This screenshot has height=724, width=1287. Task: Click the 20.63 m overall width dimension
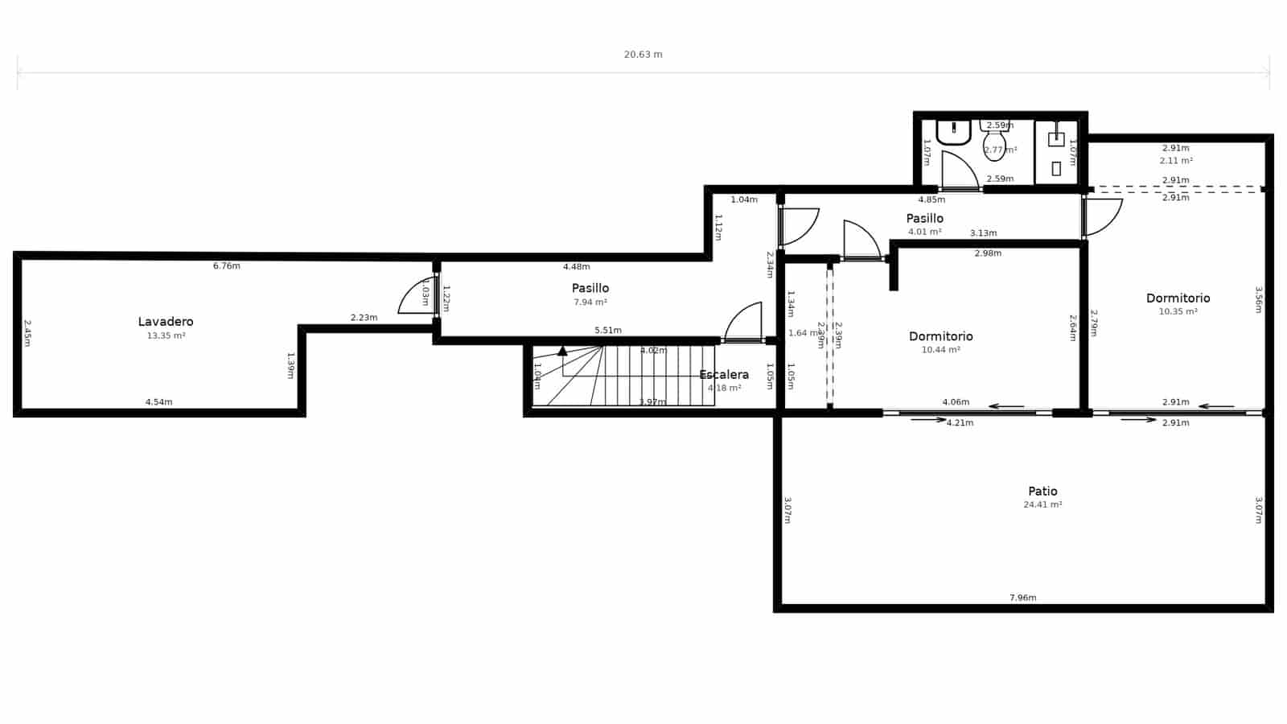(x=643, y=55)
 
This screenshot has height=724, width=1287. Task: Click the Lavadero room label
(x=166, y=322)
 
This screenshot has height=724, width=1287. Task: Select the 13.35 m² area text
(x=166, y=335)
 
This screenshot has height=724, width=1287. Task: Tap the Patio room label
(x=1042, y=491)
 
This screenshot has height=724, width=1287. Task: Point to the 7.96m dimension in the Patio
(x=1022, y=598)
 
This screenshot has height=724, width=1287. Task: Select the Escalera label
(x=724, y=374)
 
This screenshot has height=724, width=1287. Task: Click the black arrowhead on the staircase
(x=562, y=351)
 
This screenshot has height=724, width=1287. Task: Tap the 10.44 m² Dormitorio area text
(x=940, y=350)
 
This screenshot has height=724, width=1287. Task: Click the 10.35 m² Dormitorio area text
(x=1178, y=311)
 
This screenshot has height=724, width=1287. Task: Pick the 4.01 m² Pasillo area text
(x=924, y=232)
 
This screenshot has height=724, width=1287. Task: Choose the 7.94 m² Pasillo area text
(x=590, y=302)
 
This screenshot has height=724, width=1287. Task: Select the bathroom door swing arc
(x=959, y=169)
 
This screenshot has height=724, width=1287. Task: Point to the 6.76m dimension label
(x=226, y=265)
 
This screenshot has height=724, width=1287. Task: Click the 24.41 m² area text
(x=1042, y=504)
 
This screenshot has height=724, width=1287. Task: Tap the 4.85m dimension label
(x=931, y=200)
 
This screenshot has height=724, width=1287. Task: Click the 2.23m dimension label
(x=364, y=318)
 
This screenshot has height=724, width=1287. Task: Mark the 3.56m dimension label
(x=1259, y=299)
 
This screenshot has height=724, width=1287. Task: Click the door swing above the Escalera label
(x=745, y=322)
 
